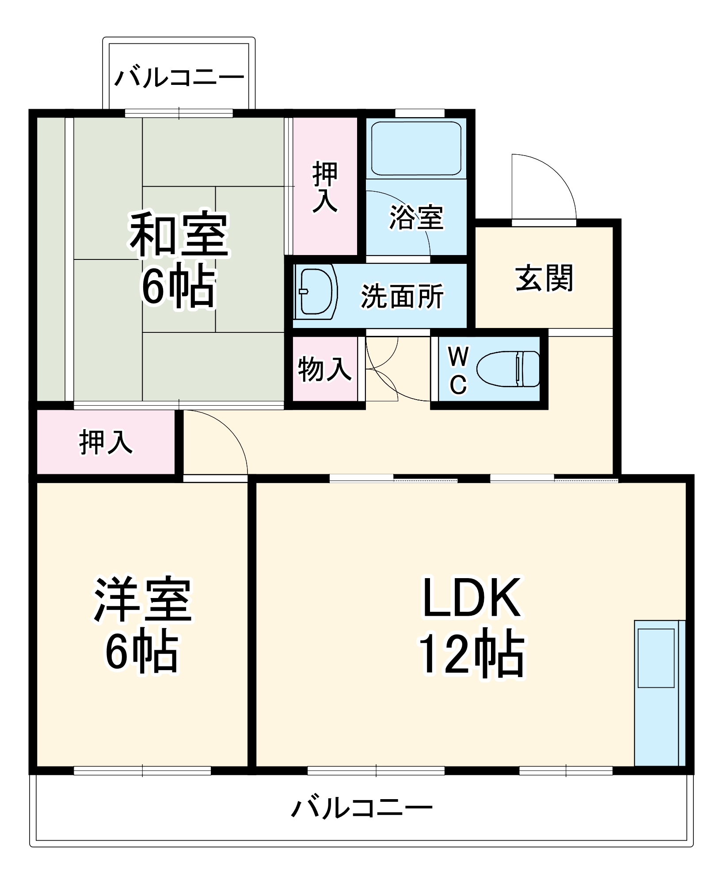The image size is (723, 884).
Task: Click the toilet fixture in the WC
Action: click(508, 369)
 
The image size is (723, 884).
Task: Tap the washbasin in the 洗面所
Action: click(316, 292)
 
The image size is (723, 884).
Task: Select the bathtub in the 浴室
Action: click(416, 148)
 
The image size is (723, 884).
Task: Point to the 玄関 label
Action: click(544, 278)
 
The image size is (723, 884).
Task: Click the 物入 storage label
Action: click(325, 370)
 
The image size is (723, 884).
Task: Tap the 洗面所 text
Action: click(402, 296)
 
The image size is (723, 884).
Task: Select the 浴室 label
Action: click(416, 218)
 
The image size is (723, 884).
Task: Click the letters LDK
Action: click(472, 598)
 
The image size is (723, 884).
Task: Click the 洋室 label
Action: click(142, 600)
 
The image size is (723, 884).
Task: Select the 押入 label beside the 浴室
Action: click(325, 187)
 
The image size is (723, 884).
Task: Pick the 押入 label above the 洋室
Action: click(106, 442)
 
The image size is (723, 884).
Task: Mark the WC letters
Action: click(458, 370)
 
